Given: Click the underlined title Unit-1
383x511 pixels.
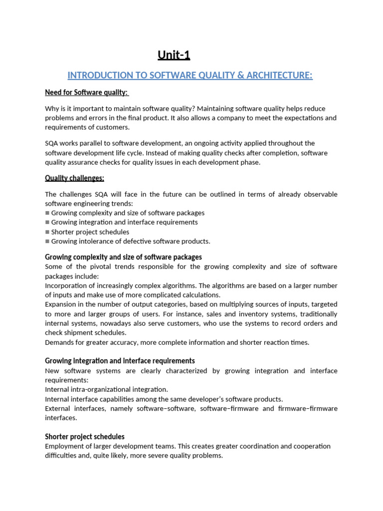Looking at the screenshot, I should tap(174, 55).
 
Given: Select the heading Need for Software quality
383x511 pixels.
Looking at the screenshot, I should tap(87, 92).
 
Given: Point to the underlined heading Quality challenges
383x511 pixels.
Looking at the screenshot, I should tap(74, 178).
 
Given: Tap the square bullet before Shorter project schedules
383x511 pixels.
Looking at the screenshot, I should tap(47, 232).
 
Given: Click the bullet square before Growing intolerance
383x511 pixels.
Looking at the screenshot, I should tap(47, 242).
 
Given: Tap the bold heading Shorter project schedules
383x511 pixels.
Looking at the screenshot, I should tap(85, 437).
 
